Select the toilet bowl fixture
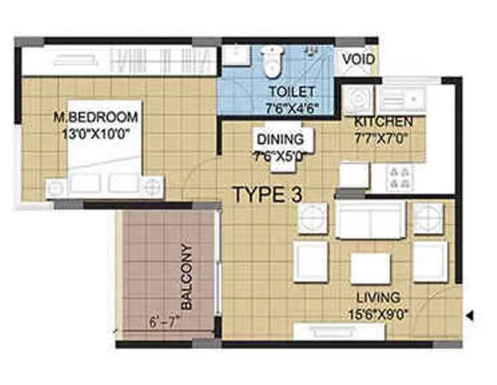[270, 62]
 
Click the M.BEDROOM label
[96, 117]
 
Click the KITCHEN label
[383, 122]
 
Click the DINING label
[280, 139]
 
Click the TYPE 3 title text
[267, 193]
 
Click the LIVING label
[378, 297]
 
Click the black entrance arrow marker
[469, 315]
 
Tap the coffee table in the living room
[370, 268]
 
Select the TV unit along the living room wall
[339, 331]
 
